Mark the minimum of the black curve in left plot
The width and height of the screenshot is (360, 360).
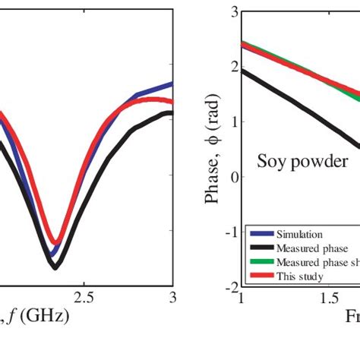coord(55,266)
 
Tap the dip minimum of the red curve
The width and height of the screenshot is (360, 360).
coord(55,242)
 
